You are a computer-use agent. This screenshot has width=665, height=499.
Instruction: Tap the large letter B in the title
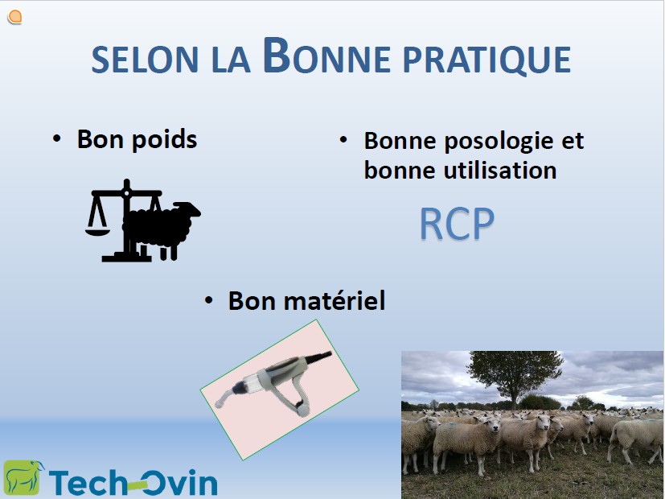click(x=277, y=56)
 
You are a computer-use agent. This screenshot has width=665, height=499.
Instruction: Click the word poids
click(x=164, y=139)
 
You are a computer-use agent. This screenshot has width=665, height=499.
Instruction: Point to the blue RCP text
click(x=457, y=224)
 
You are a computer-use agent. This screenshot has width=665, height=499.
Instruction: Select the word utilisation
click(x=500, y=171)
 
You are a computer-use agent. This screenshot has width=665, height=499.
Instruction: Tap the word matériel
click(x=335, y=301)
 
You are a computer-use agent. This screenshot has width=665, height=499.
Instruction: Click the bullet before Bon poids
click(x=56, y=138)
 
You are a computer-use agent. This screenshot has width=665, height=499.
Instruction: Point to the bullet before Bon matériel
click(x=208, y=300)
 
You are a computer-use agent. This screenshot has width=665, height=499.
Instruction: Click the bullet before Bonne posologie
click(x=343, y=139)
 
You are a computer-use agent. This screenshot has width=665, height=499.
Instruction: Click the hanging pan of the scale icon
click(x=97, y=231)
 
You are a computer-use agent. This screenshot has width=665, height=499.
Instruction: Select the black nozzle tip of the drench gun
click(x=318, y=357)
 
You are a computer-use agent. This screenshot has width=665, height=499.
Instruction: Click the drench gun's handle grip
click(x=299, y=394)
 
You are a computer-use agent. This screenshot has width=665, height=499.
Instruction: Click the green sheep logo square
click(x=23, y=478)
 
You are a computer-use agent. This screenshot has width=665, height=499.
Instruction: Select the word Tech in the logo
click(x=88, y=482)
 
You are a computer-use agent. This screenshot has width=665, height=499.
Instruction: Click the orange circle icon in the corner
click(x=14, y=17)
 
